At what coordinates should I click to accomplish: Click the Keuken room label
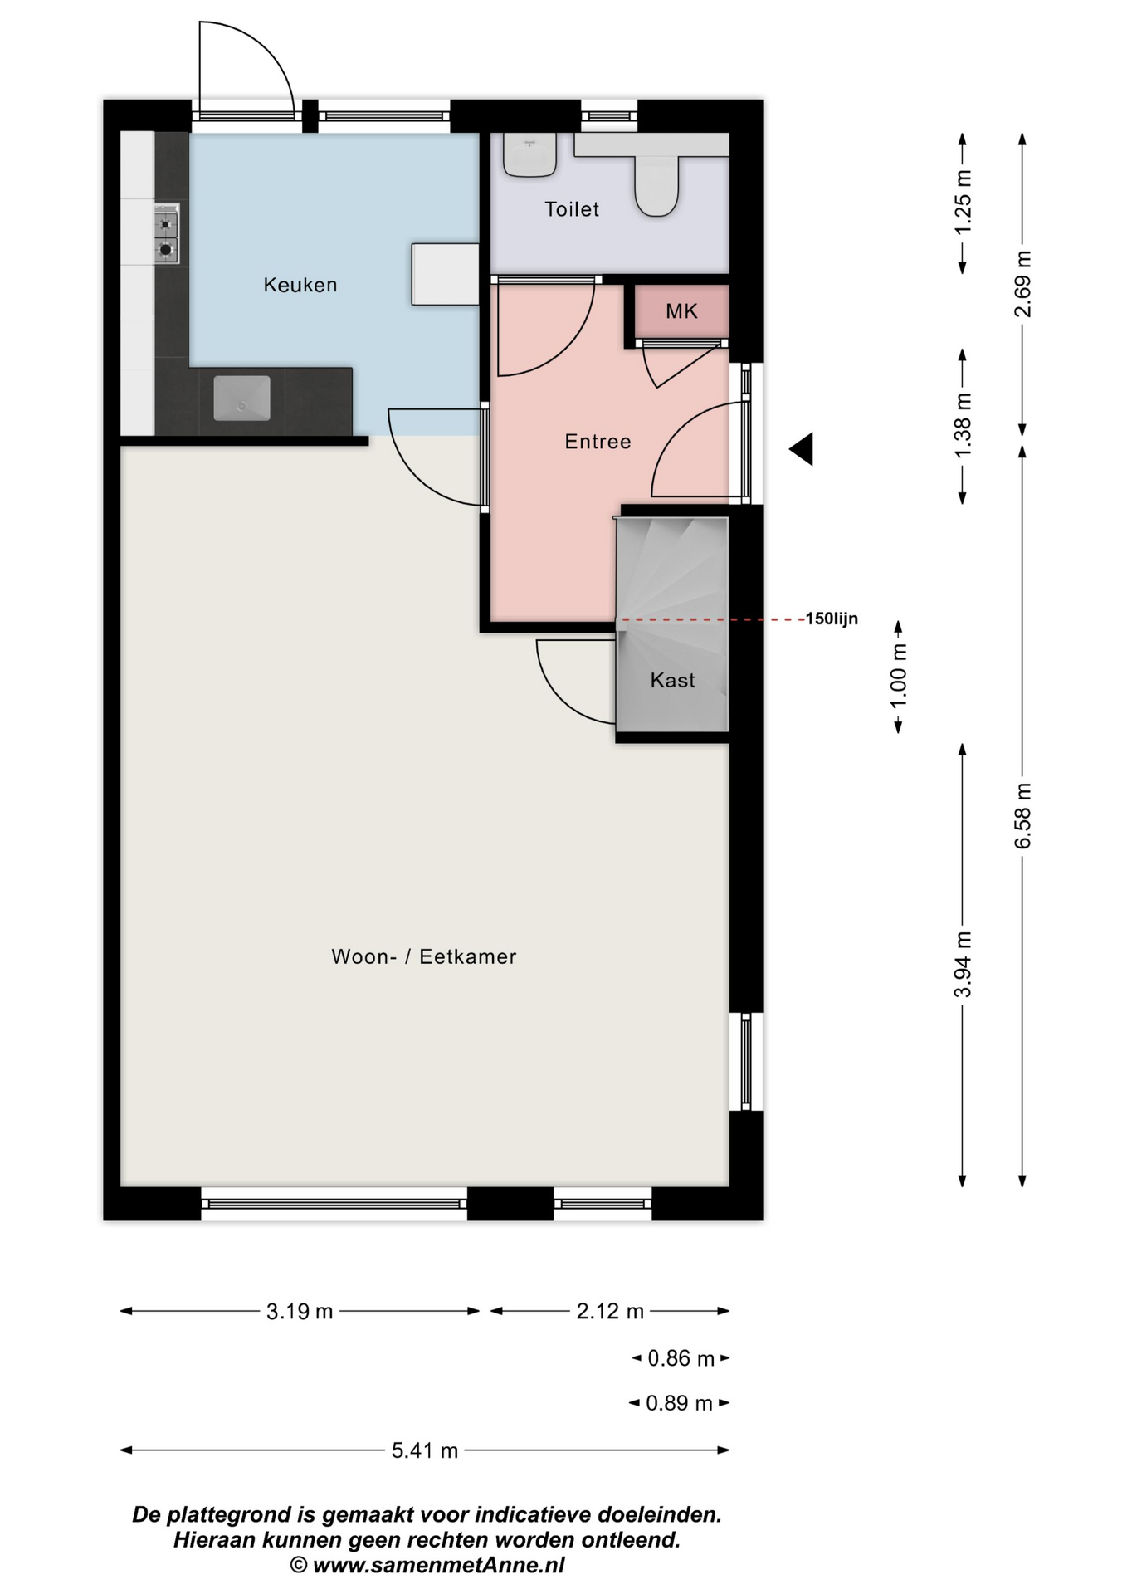click(x=300, y=285)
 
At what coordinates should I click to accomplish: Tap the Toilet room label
click(x=572, y=209)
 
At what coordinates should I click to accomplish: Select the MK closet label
click(x=681, y=311)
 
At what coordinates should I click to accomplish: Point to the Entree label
click(x=598, y=442)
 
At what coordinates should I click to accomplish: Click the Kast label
click(x=673, y=681)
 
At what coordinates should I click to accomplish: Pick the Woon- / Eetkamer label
click(x=424, y=956)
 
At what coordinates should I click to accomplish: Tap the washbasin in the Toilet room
click(x=529, y=154)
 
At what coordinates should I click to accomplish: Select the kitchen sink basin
click(x=242, y=398)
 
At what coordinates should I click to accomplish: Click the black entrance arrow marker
click(x=802, y=449)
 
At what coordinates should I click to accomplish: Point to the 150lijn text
click(x=832, y=619)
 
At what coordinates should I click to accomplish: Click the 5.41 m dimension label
click(x=425, y=1450)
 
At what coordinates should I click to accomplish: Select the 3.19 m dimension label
click(x=300, y=1312)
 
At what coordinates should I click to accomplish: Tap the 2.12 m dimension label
click(x=610, y=1312)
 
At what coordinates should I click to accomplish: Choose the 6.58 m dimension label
click(x=1023, y=815)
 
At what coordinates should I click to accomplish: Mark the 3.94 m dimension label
click(x=963, y=965)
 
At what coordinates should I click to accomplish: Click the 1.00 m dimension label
click(x=899, y=677)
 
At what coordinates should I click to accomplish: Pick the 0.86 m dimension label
click(x=681, y=1358)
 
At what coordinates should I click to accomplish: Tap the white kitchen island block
click(x=446, y=274)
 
